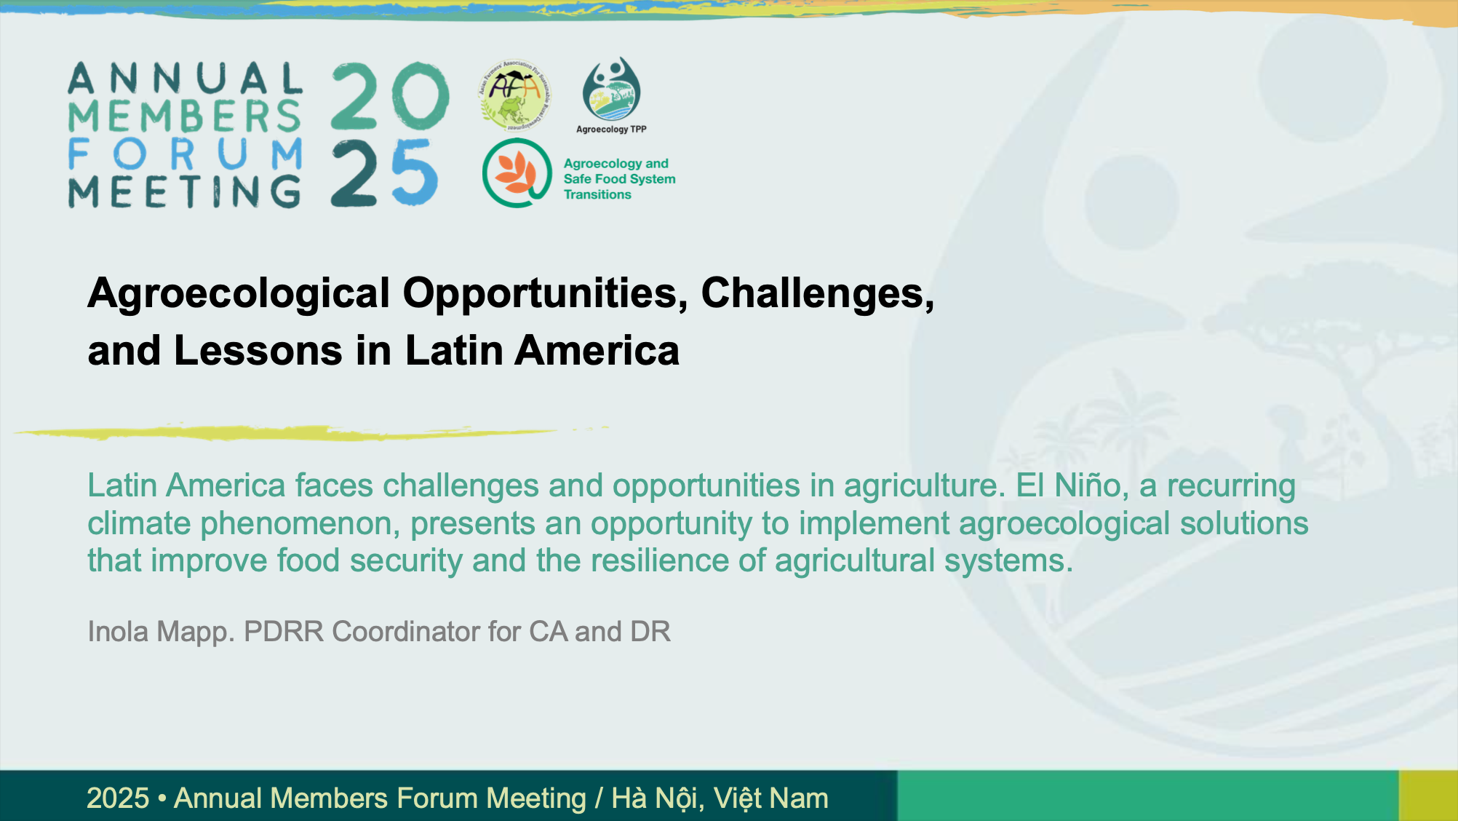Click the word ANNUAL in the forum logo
[x=186, y=78]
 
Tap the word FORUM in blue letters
[x=186, y=154]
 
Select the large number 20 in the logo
[x=391, y=96]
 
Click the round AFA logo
[x=514, y=95]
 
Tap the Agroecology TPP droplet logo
[x=611, y=89]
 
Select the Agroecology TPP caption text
[x=611, y=130]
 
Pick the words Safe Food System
[x=619, y=179]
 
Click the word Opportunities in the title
[x=545, y=294]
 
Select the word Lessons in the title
[x=258, y=351]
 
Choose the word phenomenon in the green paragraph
[x=300, y=524]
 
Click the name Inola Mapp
[x=161, y=632]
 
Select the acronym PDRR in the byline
[x=284, y=632]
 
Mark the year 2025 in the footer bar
[x=118, y=798]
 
